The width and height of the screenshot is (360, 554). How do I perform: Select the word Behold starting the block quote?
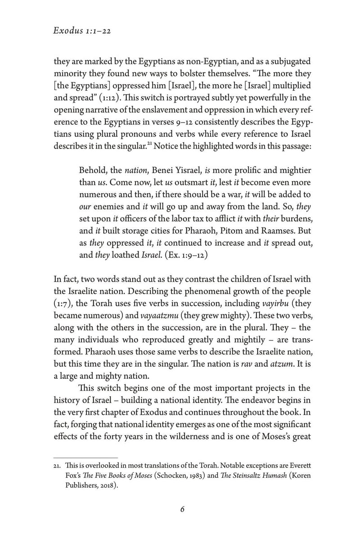(x=94, y=172)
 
